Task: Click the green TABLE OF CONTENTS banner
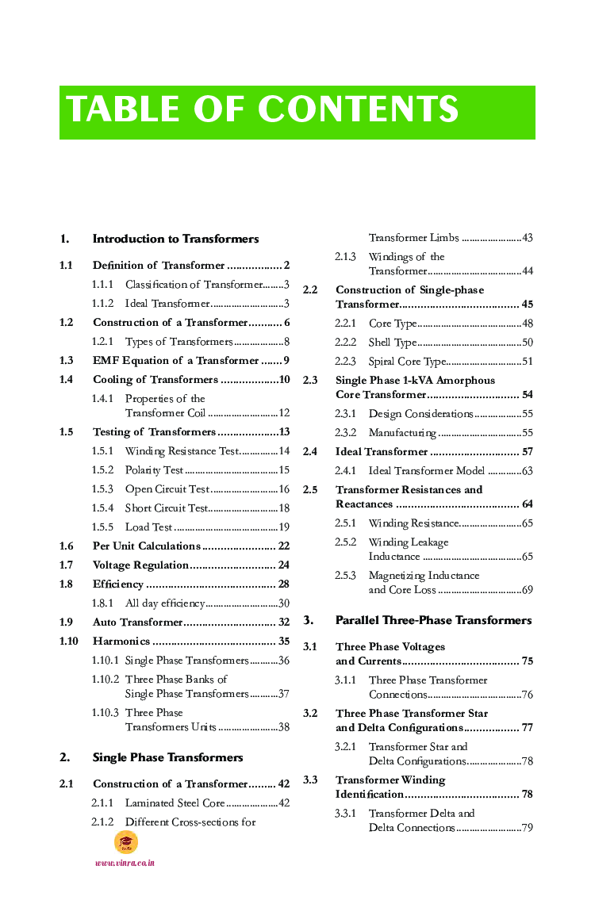click(297, 112)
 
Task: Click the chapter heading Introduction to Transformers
click(175, 239)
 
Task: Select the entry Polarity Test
click(154, 470)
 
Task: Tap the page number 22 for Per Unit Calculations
click(283, 546)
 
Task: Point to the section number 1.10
click(68, 642)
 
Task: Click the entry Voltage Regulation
click(140, 565)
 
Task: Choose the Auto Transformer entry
click(137, 622)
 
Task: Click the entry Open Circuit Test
click(167, 489)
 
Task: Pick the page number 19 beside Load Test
click(284, 527)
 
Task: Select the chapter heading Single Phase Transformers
click(167, 757)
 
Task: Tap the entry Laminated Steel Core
click(175, 803)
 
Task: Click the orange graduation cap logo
click(125, 842)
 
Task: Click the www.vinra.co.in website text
click(125, 863)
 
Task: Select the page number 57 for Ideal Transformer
click(527, 452)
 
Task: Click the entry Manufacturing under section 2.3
click(402, 433)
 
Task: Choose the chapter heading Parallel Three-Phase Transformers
click(433, 620)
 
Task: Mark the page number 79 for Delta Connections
click(527, 828)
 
